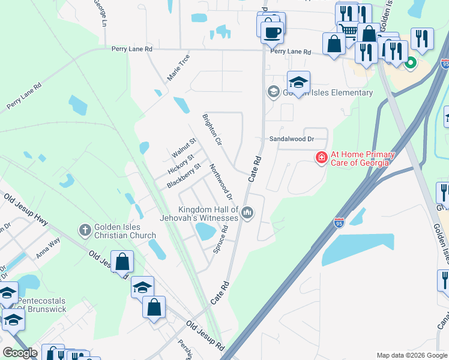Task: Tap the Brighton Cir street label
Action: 212,128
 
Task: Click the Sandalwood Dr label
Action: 291,139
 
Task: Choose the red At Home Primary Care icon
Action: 322,158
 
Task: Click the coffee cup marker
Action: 273,31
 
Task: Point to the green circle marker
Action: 411,62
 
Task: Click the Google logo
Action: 20,352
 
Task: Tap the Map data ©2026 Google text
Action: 411,355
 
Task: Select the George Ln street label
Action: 100,11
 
